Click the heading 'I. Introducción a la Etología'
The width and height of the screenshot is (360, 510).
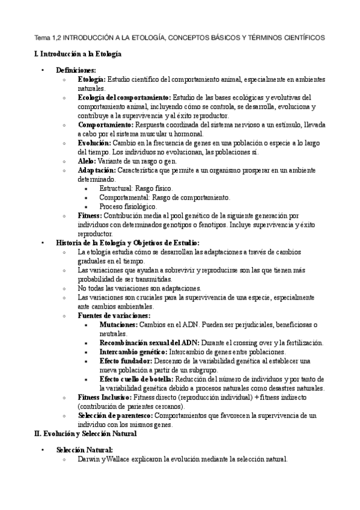pos(78,54)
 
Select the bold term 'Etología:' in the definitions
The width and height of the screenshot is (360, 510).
pos(92,79)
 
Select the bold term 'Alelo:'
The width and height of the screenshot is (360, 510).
pos(88,161)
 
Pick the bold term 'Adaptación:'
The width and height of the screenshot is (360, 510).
pos(97,170)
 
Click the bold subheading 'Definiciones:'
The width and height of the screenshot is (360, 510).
pos(76,70)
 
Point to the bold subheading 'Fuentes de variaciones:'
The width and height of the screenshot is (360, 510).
pos(114,315)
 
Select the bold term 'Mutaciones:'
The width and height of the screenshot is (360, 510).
pos(118,324)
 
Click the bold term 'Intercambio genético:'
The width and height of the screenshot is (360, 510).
pos(133,351)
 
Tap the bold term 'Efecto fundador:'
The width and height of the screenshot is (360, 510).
pos(126,360)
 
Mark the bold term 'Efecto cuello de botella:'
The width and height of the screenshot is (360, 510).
pos(136,379)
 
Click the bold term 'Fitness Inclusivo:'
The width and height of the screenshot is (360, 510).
pos(105,397)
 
